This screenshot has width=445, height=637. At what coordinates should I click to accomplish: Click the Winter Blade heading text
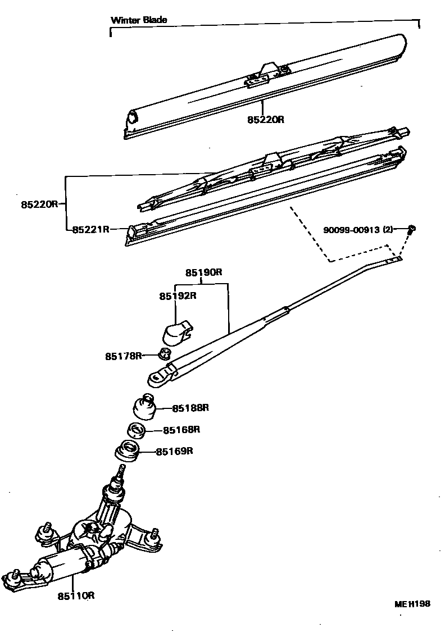coord(139,20)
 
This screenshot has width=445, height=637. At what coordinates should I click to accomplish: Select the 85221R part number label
coord(90,229)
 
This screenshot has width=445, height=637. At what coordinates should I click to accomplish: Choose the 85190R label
coord(205,273)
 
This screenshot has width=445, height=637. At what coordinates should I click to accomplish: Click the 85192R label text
coord(178,296)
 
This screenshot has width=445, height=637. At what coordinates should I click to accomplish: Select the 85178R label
coord(123,356)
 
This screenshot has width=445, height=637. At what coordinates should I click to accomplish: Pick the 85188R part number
coord(190,408)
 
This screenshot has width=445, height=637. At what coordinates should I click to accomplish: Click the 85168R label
coord(181,430)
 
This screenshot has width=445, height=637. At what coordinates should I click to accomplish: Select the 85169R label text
coord(175,451)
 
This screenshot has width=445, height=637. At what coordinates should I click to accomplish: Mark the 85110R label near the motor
coord(75,595)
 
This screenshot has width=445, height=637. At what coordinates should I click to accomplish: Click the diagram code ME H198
coord(412,604)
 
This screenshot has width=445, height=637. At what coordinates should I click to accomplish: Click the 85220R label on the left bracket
coord(40,204)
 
